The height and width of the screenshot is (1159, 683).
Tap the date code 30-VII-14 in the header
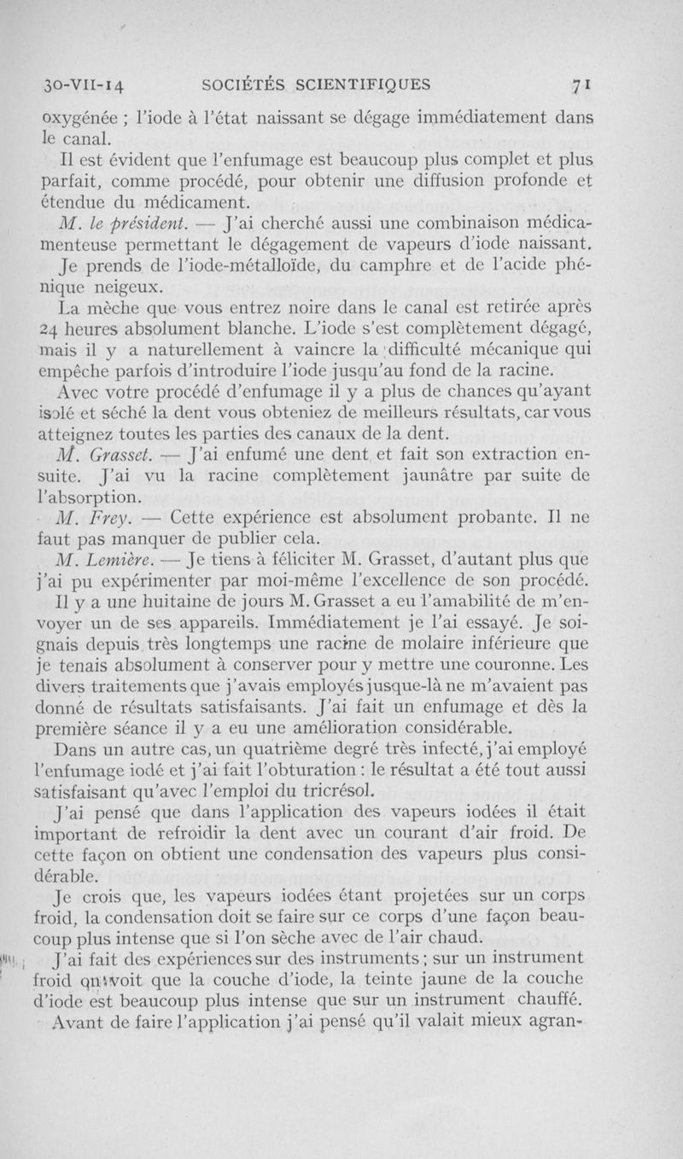pyautogui.click(x=85, y=85)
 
